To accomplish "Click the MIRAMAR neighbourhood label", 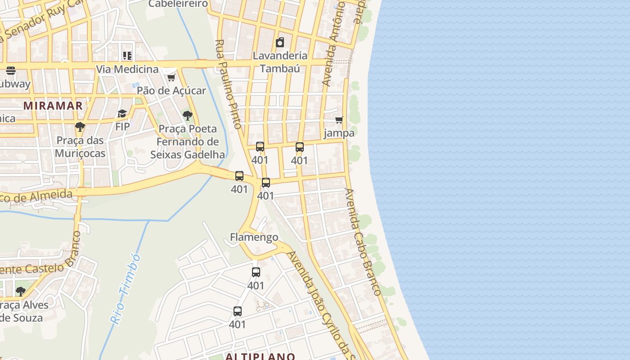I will click(x=53, y=106).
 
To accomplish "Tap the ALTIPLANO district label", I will click(x=260, y=356).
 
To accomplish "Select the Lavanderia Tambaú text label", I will click(x=280, y=62).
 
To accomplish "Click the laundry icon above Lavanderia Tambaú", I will click(x=280, y=42).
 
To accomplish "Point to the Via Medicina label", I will click(x=127, y=69).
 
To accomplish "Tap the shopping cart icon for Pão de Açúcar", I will click(x=171, y=77).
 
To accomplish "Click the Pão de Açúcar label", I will click(x=171, y=90).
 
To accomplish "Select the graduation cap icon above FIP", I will click(x=122, y=113).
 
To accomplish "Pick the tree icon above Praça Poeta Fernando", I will click(x=188, y=116).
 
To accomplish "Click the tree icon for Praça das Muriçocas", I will click(x=80, y=127).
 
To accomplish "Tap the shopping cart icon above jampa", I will click(x=339, y=120).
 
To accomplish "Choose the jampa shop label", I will click(x=339, y=133).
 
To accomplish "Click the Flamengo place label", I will click(x=254, y=237).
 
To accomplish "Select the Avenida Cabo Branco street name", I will click(x=363, y=242).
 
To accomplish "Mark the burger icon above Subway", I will click(x=11, y=71).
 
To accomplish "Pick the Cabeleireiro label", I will click(x=178, y=4).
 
